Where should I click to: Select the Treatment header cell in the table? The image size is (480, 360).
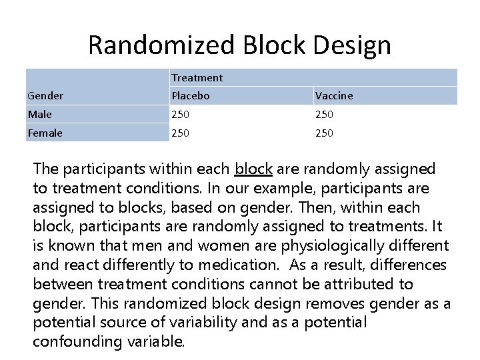197,78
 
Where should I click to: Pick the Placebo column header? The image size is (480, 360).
191,96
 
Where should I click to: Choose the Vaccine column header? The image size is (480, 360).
334,96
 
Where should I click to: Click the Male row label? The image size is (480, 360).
40,115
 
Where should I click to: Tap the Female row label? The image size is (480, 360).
45,133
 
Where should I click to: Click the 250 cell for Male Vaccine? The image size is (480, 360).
325,115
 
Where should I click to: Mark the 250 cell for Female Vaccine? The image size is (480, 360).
325,133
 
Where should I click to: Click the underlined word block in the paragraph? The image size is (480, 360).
253,169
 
